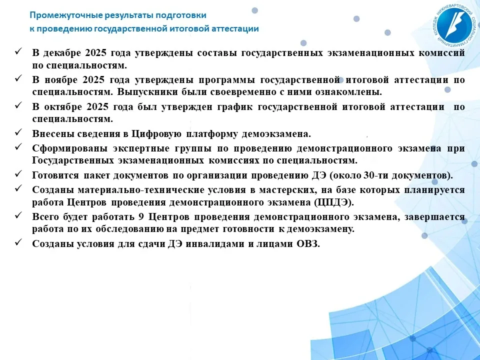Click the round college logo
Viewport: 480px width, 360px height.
pyautogui.click(x=453, y=25)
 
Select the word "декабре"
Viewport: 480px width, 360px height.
pyautogui.click(x=62, y=53)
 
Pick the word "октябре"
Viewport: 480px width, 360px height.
pyautogui.click(x=63, y=107)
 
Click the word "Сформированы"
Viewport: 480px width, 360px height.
pyautogui.click(x=70, y=148)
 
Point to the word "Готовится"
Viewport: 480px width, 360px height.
pyautogui.click(x=55, y=175)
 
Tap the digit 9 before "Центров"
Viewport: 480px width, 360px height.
pyautogui.click(x=141, y=216)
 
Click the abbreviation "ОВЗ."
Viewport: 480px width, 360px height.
pyautogui.click(x=308, y=244)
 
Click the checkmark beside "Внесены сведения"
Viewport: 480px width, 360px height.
pyautogui.click(x=18, y=132)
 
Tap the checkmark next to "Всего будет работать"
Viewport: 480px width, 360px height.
pyautogui.click(x=18, y=215)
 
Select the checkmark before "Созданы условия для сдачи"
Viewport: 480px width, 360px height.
pyautogui.click(x=18, y=242)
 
